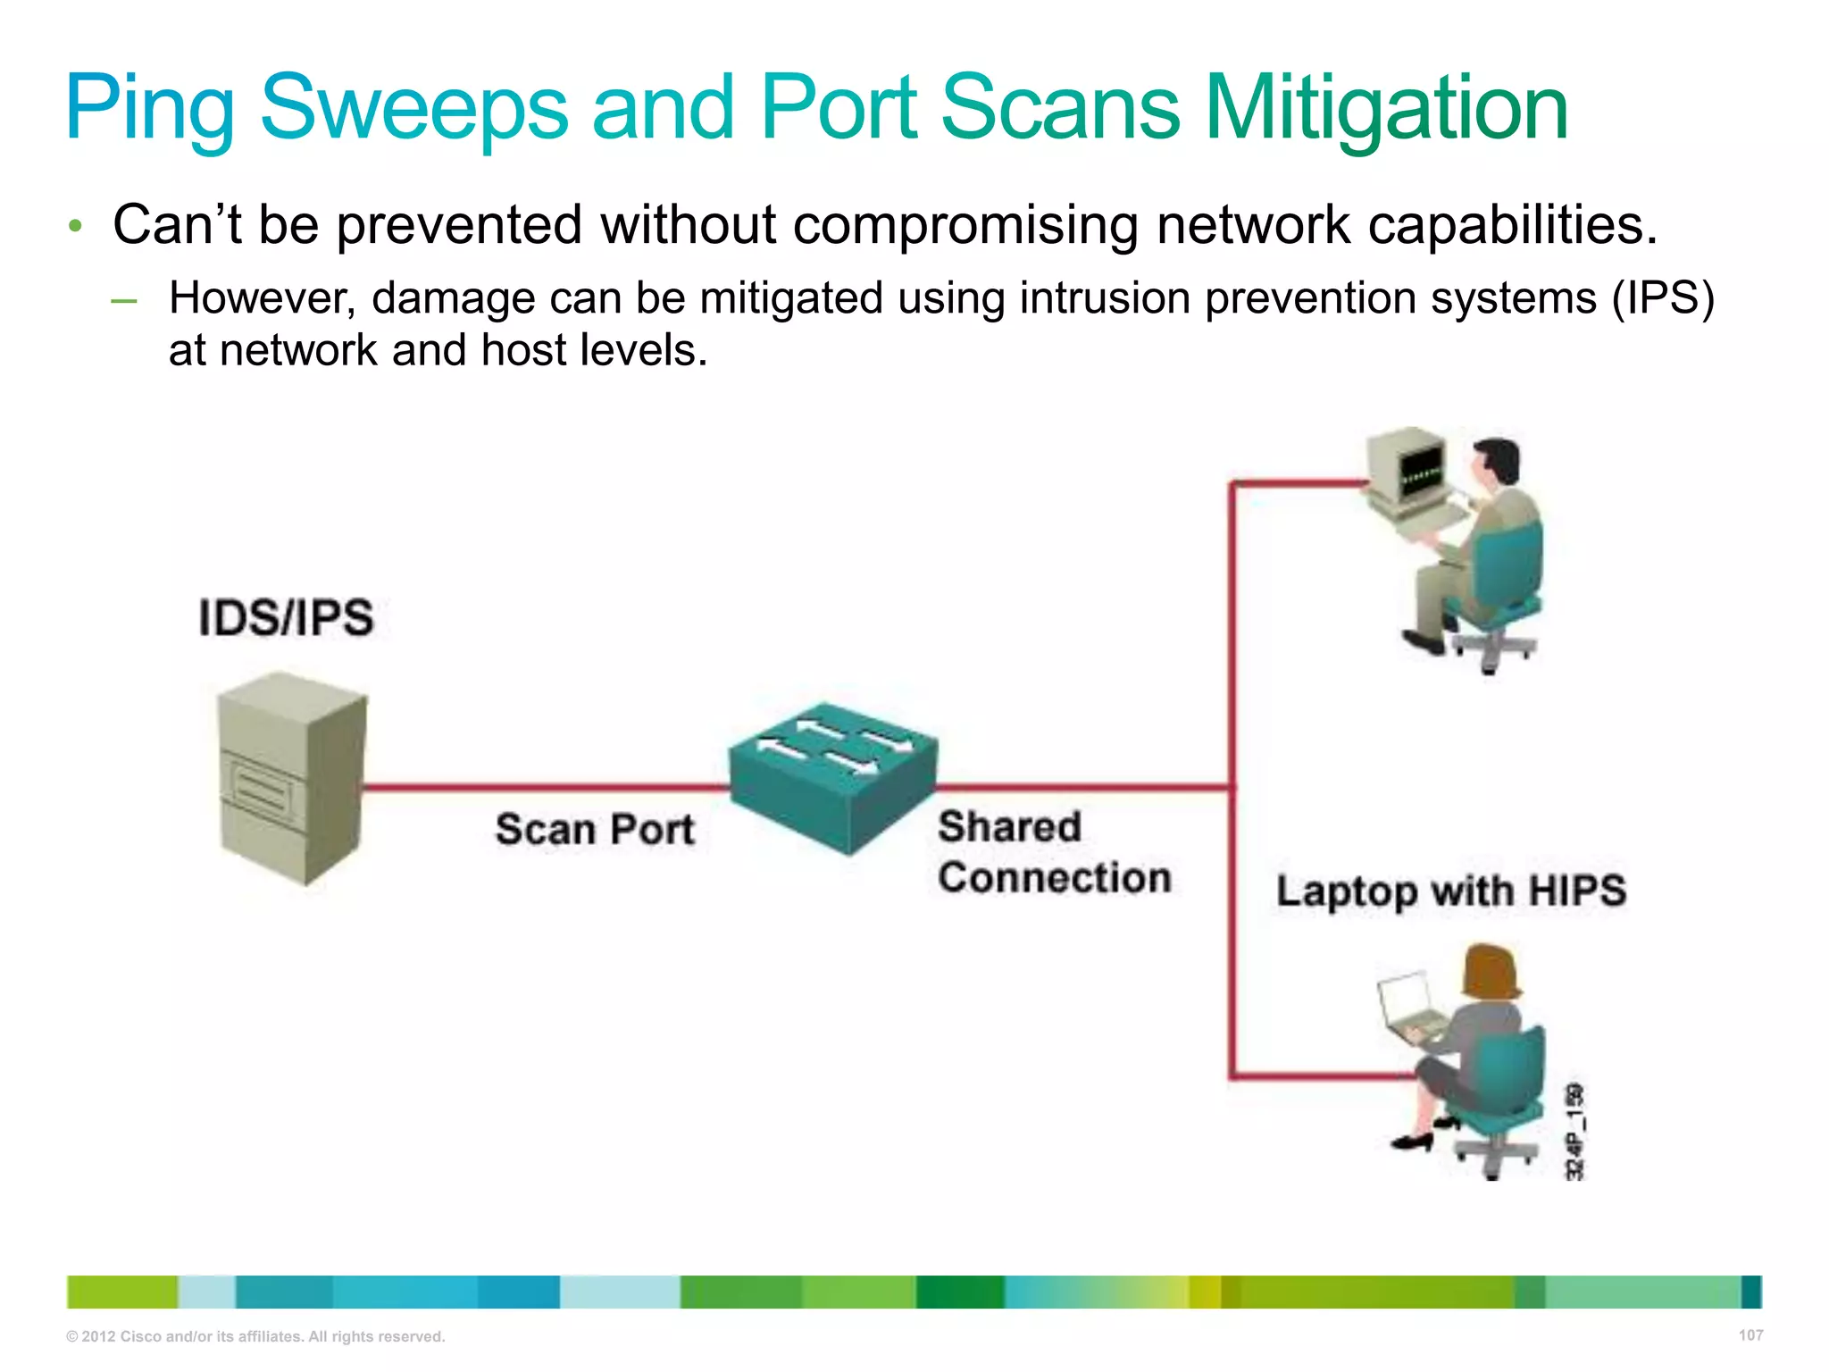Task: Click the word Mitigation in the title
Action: [1386, 109]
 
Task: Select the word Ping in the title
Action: [149, 109]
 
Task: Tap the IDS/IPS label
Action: [286, 618]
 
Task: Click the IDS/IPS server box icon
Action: [291, 777]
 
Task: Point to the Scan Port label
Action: [595, 829]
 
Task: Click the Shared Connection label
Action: [1054, 852]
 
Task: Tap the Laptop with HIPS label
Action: [1451, 891]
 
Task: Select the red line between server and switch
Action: [545, 787]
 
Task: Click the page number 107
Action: [1750, 1335]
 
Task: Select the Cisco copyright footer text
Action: [255, 1336]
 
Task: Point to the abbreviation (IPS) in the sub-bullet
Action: [1663, 297]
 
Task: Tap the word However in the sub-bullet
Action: [263, 297]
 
